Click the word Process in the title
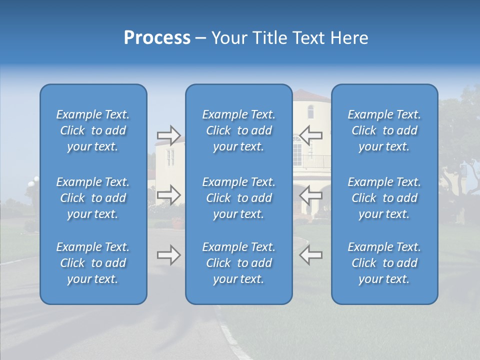(157, 38)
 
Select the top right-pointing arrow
(169, 134)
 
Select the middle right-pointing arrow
(169, 194)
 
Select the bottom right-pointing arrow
(169, 255)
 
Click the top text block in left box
(93, 130)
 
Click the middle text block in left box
(93, 198)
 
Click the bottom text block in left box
(93, 263)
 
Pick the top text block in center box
(238, 130)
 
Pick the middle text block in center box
(238, 198)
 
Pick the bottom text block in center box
(238, 263)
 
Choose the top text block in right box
(384, 130)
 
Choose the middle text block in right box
(384, 198)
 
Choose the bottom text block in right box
(384, 263)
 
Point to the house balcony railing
(315, 161)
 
